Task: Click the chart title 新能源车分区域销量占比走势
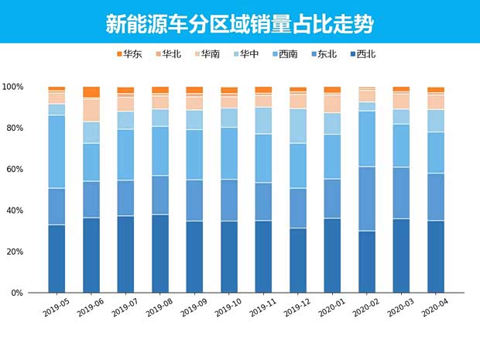(239, 24)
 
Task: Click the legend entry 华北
(170, 54)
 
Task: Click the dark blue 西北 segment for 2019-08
(160, 253)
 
